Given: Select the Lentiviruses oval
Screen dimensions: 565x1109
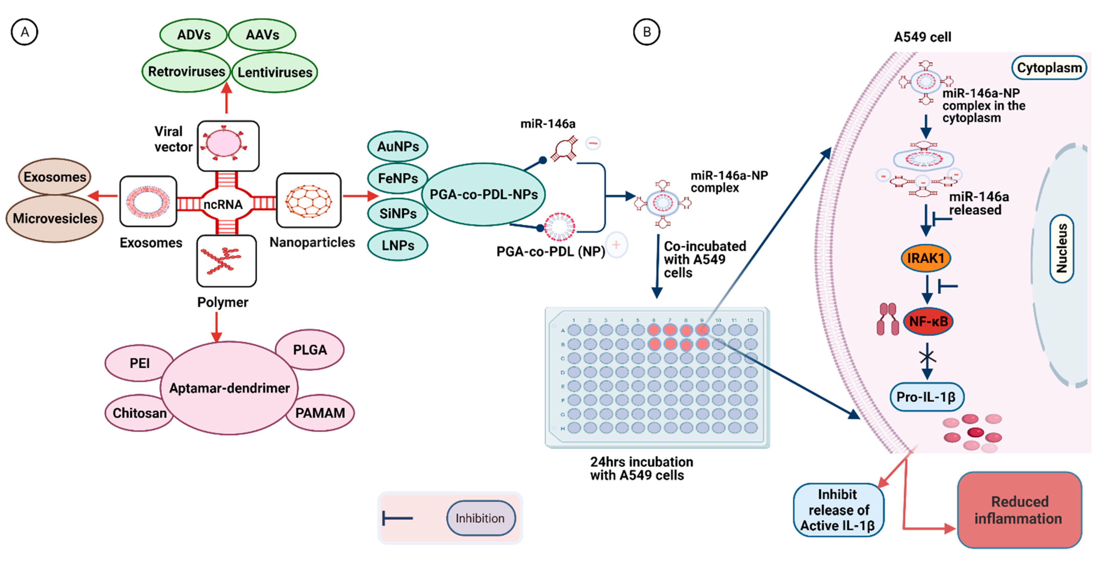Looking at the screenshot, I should pyautogui.click(x=275, y=72).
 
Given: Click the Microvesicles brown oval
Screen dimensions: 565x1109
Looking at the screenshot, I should pyautogui.click(x=55, y=218).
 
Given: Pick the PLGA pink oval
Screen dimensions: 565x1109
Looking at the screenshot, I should pyautogui.click(x=310, y=349).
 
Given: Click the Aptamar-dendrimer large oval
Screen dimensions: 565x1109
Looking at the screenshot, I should pyautogui.click(x=229, y=388).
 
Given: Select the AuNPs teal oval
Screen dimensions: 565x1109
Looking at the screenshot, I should pyautogui.click(x=398, y=146).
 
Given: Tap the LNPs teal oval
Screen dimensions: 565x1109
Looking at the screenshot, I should pyautogui.click(x=398, y=245).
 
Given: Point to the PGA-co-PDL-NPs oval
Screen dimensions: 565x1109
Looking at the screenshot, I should pyautogui.click(x=484, y=195).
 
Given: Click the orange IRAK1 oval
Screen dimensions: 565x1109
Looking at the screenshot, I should pyautogui.click(x=926, y=258).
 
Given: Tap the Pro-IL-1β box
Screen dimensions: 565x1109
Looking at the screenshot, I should pyautogui.click(x=926, y=397).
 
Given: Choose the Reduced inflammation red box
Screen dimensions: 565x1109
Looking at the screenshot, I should pyautogui.click(x=1019, y=510).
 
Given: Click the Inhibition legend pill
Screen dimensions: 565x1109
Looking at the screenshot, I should pyautogui.click(x=480, y=518).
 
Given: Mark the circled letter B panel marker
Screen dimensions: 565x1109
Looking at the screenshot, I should pyautogui.click(x=646, y=32).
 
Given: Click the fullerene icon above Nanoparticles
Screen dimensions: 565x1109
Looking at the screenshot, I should pyautogui.click(x=309, y=201).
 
